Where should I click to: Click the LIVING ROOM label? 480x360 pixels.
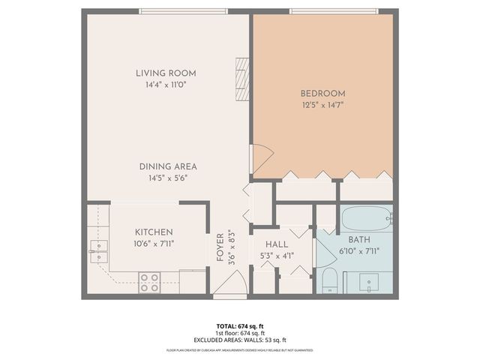pos(166,73)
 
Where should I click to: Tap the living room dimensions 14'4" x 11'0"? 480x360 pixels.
pos(166,85)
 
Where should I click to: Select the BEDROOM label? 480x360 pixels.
pos(322,93)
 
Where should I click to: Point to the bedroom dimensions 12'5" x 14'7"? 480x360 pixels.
pos(322,105)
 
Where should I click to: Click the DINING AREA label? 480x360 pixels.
pos(167,166)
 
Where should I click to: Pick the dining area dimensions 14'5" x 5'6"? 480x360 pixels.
pos(167,178)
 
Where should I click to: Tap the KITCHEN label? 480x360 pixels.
pos(154,232)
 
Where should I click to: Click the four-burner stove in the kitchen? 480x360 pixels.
pos(149,282)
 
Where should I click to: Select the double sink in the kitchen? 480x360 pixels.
pos(97,250)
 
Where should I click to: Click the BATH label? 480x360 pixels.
pos(358,239)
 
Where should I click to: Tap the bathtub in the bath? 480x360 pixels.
pos(365,220)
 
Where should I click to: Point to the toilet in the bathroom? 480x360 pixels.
pos(329,282)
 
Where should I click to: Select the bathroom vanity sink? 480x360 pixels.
pos(368,283)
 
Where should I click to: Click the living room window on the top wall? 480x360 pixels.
pos(183,11)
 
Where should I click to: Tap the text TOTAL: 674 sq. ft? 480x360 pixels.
pos(240,325)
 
